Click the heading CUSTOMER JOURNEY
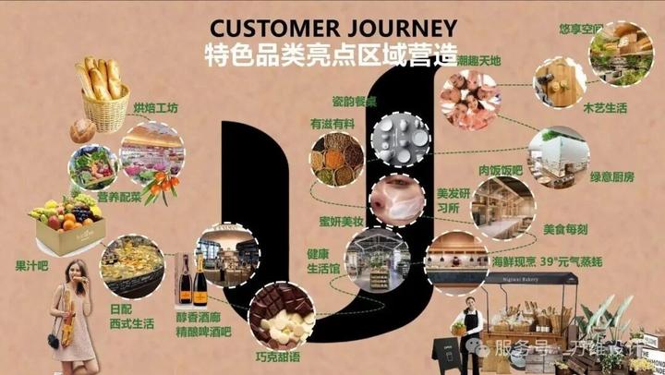click(332, 26)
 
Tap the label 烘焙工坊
click(154, 108)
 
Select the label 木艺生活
click(605, 108)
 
